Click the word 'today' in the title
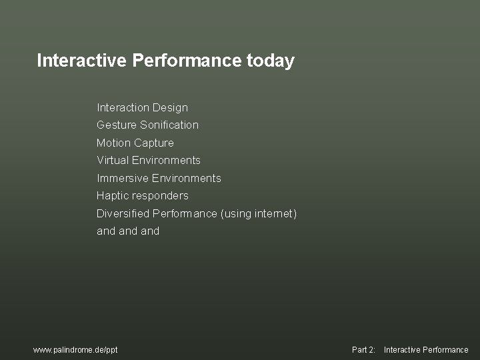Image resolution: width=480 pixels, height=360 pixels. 270,61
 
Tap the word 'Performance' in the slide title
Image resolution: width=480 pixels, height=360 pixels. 186,61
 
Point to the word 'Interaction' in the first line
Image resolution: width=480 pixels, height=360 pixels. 123,107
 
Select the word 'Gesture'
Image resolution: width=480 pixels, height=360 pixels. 117,125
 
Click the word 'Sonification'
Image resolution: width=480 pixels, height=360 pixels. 169,125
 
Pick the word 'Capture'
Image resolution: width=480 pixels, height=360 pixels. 153,143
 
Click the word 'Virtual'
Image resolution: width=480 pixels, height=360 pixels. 113,160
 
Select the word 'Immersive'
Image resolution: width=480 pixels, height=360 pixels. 123,178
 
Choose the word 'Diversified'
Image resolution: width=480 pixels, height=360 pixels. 123,213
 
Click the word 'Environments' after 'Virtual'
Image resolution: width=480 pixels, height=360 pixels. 166,160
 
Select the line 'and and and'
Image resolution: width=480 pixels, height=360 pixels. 128,231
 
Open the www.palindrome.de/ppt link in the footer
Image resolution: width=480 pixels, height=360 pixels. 75,349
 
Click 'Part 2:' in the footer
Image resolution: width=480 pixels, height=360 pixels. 363,349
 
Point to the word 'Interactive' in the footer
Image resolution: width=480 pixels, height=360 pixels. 401,349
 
